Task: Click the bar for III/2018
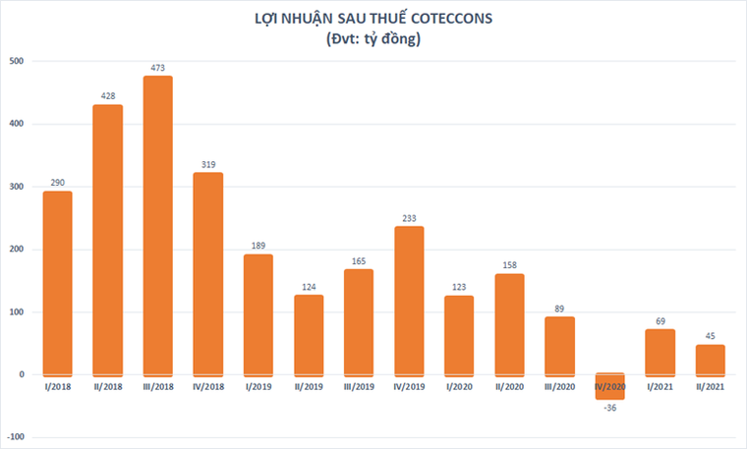(157, 226)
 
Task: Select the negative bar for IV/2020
(609, 386)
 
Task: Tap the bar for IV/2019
(409, 302)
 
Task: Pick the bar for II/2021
(710, 360)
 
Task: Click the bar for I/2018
(57, 283)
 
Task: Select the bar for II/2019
(309, 335)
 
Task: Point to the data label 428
(107, 96)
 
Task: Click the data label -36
(609, 409)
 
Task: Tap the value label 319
(207, 165)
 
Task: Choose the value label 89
(559, 309)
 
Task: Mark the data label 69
(660, 321)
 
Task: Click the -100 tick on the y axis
(16, 437)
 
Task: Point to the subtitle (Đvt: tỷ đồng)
(373, 39)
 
